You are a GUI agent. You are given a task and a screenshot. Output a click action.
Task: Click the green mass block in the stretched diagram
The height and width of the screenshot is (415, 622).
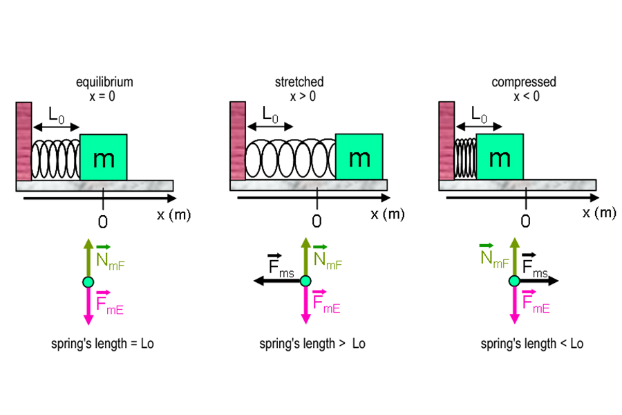(359, 157)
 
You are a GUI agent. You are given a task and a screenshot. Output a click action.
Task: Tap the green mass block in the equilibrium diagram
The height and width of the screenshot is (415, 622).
(104, 157)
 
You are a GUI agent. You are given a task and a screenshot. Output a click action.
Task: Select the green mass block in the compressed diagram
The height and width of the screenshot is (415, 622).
(500, 157)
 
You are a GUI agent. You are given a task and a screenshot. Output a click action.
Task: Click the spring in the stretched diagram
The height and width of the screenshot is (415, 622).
(290, 159)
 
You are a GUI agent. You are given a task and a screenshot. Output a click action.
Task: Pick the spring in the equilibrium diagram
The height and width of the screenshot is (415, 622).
(55, 159)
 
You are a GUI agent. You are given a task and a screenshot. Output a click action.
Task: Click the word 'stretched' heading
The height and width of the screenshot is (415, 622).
(299, 82)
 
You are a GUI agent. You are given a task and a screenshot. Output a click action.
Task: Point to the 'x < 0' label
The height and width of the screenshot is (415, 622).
(526, 96)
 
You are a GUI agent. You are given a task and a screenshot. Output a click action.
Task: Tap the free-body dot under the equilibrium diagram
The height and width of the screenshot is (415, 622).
(88, 281)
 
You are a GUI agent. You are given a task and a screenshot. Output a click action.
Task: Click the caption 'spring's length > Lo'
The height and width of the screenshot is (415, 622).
(312, 344)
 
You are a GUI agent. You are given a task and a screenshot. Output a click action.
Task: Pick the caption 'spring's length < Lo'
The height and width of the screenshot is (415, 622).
(532, 344)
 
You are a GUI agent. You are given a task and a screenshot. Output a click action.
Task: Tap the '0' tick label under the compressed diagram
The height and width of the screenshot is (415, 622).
(525, 221)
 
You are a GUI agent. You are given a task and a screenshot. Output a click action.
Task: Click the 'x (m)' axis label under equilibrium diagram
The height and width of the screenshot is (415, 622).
(173, 214)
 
